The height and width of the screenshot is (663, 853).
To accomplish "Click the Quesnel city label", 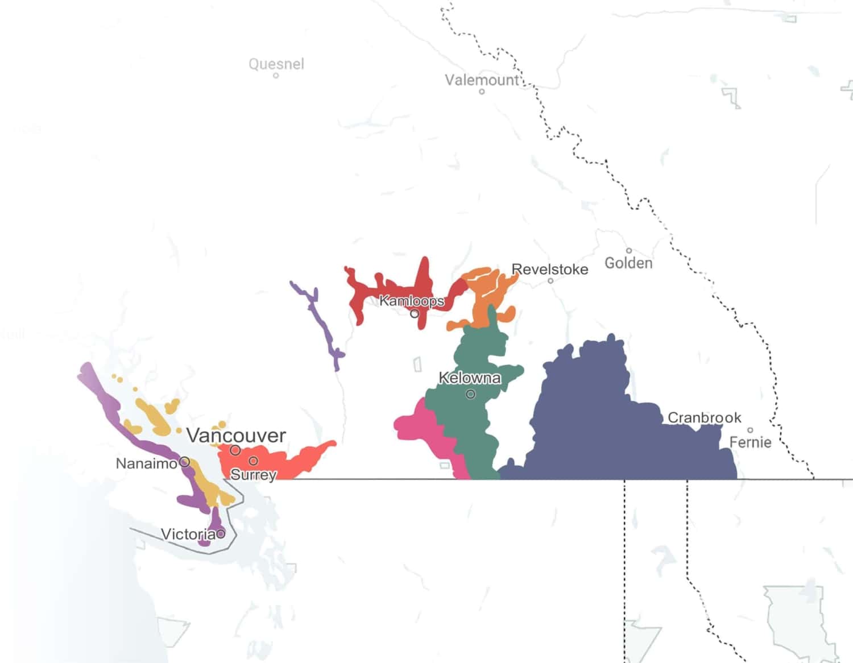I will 276,64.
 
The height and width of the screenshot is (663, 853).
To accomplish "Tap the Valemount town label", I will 482,80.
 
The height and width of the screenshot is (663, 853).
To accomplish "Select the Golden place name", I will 628,263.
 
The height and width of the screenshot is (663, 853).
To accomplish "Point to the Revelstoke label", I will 550,269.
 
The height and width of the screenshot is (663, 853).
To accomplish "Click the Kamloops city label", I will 412,300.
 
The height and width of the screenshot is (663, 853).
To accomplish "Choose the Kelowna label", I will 470,378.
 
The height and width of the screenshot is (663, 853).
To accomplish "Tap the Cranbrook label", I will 704,417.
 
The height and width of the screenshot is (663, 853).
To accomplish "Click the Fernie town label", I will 750,442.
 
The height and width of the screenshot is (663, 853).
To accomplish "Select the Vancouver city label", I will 236,436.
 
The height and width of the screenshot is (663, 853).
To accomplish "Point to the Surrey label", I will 253,475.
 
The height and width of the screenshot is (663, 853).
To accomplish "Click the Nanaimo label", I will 147,464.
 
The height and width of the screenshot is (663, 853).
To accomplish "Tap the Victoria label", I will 188,534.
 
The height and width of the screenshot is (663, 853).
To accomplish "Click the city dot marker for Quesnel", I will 276,75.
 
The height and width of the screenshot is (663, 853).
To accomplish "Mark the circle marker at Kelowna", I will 470,394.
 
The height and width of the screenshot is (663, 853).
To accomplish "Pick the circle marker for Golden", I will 629,251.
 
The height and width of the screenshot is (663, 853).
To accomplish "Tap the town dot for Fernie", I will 750,430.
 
